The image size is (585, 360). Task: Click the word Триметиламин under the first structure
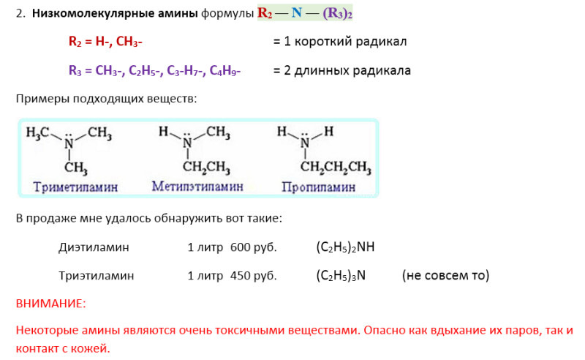coord(75,187)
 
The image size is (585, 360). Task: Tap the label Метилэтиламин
coord(197,187)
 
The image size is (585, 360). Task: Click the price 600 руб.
coord(253,247)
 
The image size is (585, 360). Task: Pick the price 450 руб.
coord(253,276)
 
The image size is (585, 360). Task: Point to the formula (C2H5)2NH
coord(345,247)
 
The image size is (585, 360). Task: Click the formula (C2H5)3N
coord(341,276)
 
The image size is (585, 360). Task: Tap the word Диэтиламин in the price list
coord(94,247)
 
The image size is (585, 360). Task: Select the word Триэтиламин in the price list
coord(97,276)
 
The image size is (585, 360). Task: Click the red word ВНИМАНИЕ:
coord(50,302)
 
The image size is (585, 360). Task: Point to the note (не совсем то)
coord(445,276)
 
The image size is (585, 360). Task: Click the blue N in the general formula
coord(296,14)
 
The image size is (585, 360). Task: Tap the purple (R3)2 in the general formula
coord(337,14)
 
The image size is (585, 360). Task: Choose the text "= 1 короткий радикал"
coord(340,42)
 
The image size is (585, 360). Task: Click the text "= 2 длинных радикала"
coord(341,70)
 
